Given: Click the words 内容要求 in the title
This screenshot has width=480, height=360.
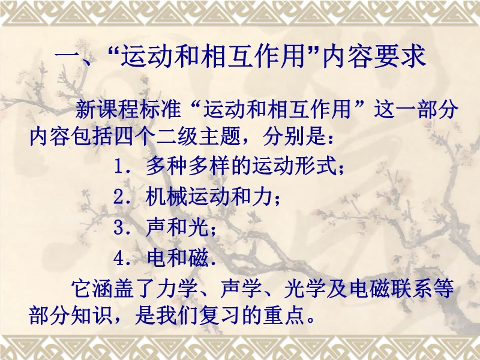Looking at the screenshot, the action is [374, 56].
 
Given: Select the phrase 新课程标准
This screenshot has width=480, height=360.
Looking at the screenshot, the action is [128, 109].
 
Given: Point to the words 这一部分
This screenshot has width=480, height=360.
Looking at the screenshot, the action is [416, 109].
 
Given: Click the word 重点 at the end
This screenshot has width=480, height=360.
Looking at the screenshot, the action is [283, 315].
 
